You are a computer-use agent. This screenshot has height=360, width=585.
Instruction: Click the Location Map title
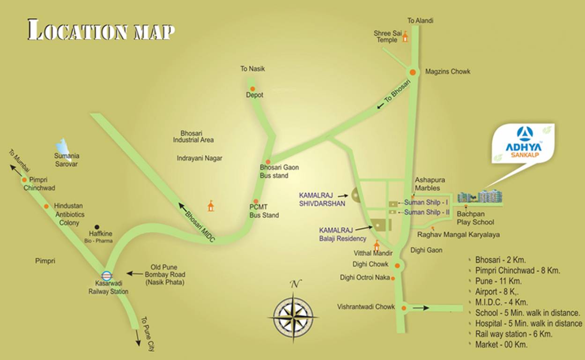tap(101, 30)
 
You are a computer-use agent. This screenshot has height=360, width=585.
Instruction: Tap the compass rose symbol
tap(294, 316)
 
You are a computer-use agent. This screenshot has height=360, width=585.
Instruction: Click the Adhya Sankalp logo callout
tap(523, 143)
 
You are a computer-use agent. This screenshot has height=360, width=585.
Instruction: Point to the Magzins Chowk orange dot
tap(413, 72)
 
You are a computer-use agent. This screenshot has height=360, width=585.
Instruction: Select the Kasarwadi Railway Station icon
tap(107, 276)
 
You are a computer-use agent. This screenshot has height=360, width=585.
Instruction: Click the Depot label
tap(255, 95)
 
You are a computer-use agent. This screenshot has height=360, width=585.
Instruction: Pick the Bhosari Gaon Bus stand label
tap(279, 171)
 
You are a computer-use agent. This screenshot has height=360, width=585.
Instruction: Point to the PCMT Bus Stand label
tap(264, 211)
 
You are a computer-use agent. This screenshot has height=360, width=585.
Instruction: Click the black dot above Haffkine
tap(97, 226)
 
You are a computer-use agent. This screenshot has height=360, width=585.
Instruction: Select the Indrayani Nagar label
tap(200, 158)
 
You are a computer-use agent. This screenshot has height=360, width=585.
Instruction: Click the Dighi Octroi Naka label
tap(365, 278)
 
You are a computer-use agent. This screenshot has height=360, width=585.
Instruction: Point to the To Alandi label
tap(420, 21)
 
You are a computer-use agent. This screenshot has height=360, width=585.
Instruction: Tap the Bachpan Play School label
tap(475, 218)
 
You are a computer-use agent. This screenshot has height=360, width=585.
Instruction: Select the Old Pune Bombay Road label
tap(165, 275)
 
